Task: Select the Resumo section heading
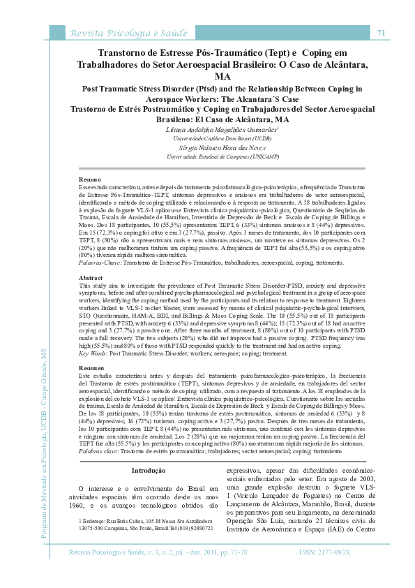(x=89, y=180)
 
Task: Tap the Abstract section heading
(x=91, y=278)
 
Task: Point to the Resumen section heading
(x=91, y=367)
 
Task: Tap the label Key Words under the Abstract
(x=93, y=353)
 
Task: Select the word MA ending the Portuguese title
(x=222, y=76)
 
